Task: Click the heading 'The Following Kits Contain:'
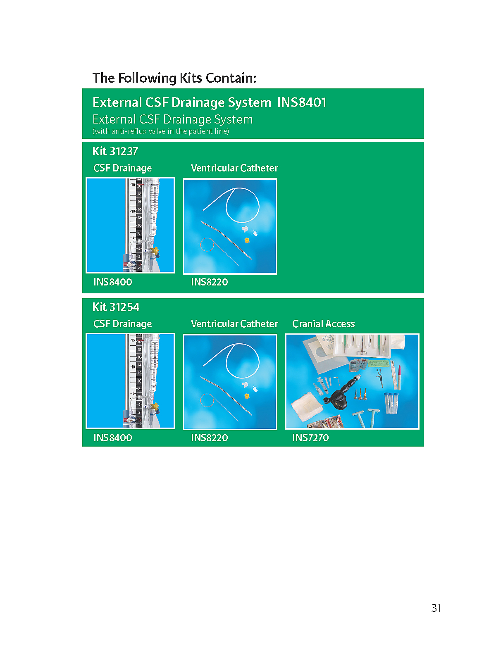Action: click(174, 78)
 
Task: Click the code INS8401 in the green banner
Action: click(301, 102)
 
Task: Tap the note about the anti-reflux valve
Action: click(161, 131)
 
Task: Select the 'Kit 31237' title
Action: click(115, 151)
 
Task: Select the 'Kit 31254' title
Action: click(116, 307)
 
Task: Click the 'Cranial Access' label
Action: click(324, 323)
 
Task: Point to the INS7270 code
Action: click(310, 437)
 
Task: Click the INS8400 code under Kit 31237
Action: click(112, 282)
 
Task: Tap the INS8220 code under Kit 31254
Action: click(209, 437)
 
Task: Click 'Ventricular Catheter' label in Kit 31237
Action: click(234, 168)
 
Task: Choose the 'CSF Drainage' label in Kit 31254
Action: click(123, 324)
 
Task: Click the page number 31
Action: click(436, 608)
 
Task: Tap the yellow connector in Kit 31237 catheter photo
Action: click(247, 240)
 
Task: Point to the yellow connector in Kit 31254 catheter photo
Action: click(247, 396)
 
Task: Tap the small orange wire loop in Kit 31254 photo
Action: click(207, 401)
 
